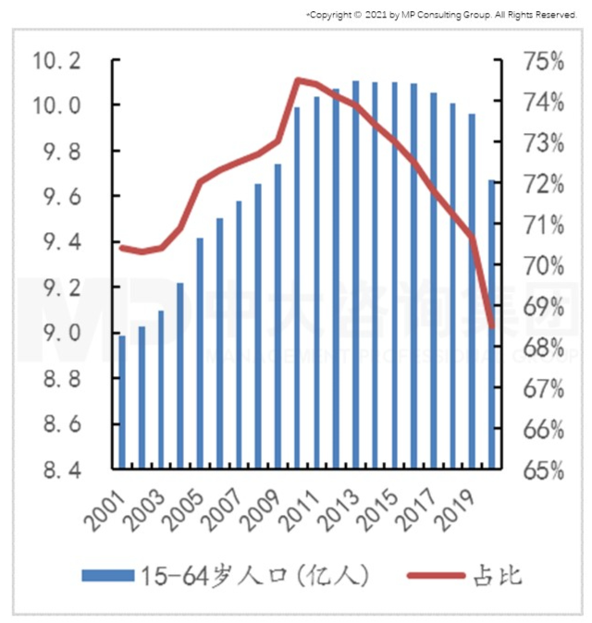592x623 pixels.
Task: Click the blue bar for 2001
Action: click(x=122, y=402)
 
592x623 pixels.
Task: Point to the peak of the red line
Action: click(x=298, y=79)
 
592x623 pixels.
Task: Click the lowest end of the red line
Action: click(x=492, y=326)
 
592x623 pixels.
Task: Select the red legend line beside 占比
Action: click(x=436, y=576)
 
